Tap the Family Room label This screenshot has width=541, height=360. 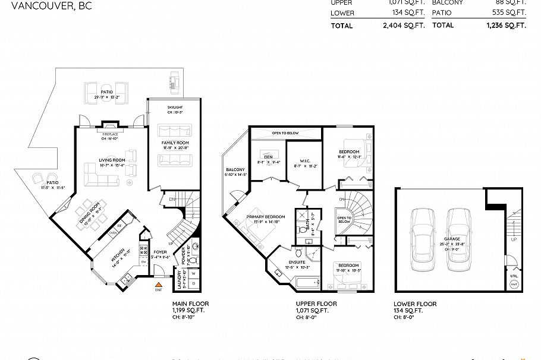(175, 143)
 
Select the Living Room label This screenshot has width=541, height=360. (112, 160)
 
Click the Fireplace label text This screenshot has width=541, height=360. (111, 134)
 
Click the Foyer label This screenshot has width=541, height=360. (160, 252)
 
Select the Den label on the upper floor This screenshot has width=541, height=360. (268, 157)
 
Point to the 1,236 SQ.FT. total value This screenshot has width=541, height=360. (506, 26)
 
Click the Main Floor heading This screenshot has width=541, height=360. (190, 304)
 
